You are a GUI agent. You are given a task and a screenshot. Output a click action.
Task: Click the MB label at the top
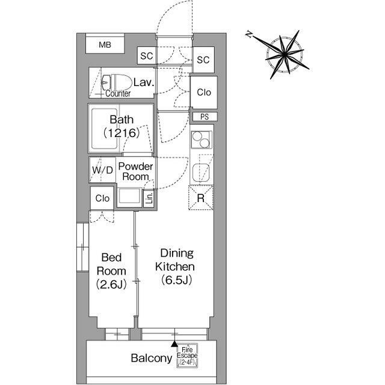(x=105, y=45)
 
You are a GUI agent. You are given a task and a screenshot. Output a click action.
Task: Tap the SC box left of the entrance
(x=147, y=56)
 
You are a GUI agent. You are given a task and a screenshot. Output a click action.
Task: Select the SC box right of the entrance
(x=203, y=60)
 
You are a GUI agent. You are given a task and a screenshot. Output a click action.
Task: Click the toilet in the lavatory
(x=115, y=82)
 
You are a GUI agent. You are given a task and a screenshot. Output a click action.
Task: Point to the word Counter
(x=118, y=94)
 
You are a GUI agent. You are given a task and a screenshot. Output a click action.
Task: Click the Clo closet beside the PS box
(x=204, y=92)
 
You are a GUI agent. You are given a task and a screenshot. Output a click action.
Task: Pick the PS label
(x=205, y=117)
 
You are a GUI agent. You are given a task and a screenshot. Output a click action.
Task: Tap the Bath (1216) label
(x=122, y=126)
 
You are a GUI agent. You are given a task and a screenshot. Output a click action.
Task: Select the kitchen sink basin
(x=201, y=173)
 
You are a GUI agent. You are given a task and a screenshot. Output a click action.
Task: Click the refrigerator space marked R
(x=201, y=198)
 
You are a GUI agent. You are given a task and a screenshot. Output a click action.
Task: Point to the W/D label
(x=102, y=170)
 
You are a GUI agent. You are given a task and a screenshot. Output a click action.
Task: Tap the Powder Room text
(x=135, y=171)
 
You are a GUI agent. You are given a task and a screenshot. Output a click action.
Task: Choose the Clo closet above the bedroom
(x=102, y=198)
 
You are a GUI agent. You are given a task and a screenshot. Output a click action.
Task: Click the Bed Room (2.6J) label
(x=111, y=271)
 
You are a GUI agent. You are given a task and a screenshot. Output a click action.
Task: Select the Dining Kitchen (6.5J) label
(x=175, y=266)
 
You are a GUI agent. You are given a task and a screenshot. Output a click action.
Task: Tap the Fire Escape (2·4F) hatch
(x=187, y=356)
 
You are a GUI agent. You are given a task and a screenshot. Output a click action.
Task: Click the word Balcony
(x=152, y=359)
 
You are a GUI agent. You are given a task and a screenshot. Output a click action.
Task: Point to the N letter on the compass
(x=249, y=34)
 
